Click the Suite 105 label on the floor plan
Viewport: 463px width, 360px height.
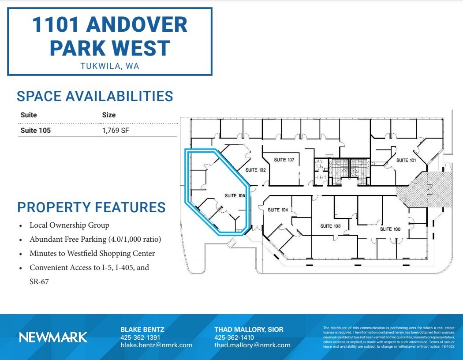(x=235, y=195)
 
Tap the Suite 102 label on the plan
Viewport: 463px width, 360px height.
(x=256, y=170)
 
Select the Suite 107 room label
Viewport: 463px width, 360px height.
(x=284, y=160)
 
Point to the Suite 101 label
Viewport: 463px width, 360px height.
(x=406, y=160)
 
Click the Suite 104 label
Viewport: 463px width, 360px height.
(x=278, y=210)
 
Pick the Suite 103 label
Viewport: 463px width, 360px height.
(x=330, y=226)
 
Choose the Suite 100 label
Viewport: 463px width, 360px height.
(x=390, y=229)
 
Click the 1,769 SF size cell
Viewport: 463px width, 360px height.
(x=116, y=131)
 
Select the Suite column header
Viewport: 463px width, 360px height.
(x=29, y=115)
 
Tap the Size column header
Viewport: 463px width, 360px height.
(x=109, y=115)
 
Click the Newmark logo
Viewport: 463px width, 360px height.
(x=53, y=337)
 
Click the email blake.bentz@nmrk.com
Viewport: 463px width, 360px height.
(x=157, y=345)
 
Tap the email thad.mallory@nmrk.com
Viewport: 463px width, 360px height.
(x=253, y=345)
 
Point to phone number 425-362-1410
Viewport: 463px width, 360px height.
(x=234, y=337)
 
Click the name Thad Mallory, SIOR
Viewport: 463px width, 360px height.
(x=249, y=330)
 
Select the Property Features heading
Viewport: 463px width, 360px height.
(x=91, y=207)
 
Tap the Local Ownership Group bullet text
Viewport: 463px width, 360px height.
(x=69, y=225)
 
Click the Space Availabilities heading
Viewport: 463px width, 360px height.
(x=95, y=96)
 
